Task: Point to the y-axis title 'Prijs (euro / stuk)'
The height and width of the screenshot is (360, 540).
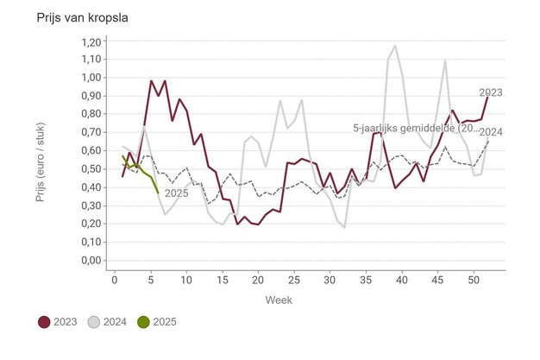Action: pyautogui.click(x=41, y=151)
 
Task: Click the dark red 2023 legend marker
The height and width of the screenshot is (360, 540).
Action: pyautogui.click(x=44, y=322)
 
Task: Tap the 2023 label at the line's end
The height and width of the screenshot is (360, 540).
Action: pyautogui.click(x=491, y=92)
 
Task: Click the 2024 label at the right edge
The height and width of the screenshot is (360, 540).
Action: pyautogui.click(x=491, y=131)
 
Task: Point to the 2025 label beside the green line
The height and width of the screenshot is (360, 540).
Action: pyautogui.click(x=176, y=193)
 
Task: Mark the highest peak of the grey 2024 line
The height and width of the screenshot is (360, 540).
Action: pyautogui.click(x=395, y=47)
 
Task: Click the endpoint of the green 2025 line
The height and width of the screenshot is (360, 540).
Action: pyautogui.click(x=159, y=193)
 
